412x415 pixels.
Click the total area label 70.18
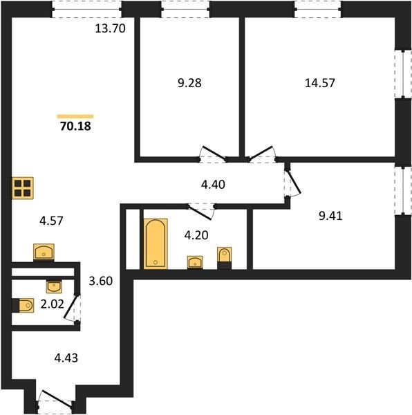point(75,127)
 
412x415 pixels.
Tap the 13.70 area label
point(110,28)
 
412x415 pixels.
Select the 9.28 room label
point(189,83)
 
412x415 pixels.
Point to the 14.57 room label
point(320,83)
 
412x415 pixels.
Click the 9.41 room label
point(330,216)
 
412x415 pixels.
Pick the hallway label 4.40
point(213,185)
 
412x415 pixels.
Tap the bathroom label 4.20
point(196,235)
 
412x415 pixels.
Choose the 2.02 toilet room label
point(53,304)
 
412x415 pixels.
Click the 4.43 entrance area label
point(66,358)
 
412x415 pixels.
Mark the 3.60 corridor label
point(101,281)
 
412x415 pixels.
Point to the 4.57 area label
point(51,221)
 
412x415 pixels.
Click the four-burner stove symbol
point(23,188)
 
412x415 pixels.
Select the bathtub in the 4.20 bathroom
point(156,243)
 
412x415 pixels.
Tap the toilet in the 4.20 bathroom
point(224,258)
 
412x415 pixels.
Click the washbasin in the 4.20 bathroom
point(195,263)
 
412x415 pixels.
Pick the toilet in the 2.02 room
point(23,306)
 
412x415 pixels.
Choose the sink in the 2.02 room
point(54,286)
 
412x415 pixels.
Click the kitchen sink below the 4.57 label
point(44,252)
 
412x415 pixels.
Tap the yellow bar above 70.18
point(75,116)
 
